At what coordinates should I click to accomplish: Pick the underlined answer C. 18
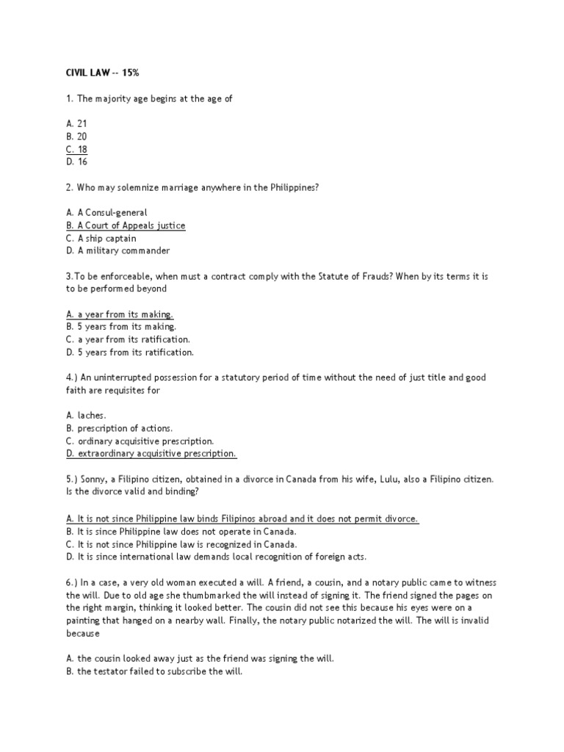click(x=76, y=149)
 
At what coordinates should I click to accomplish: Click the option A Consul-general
click(x=106, y=213)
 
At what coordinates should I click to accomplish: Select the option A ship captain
click(x=101, y=239)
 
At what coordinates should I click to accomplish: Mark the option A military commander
click(x=117, y=251)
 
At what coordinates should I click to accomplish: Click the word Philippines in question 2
click(x=289, y=187)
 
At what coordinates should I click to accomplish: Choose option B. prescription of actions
click(x=119, y=428)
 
